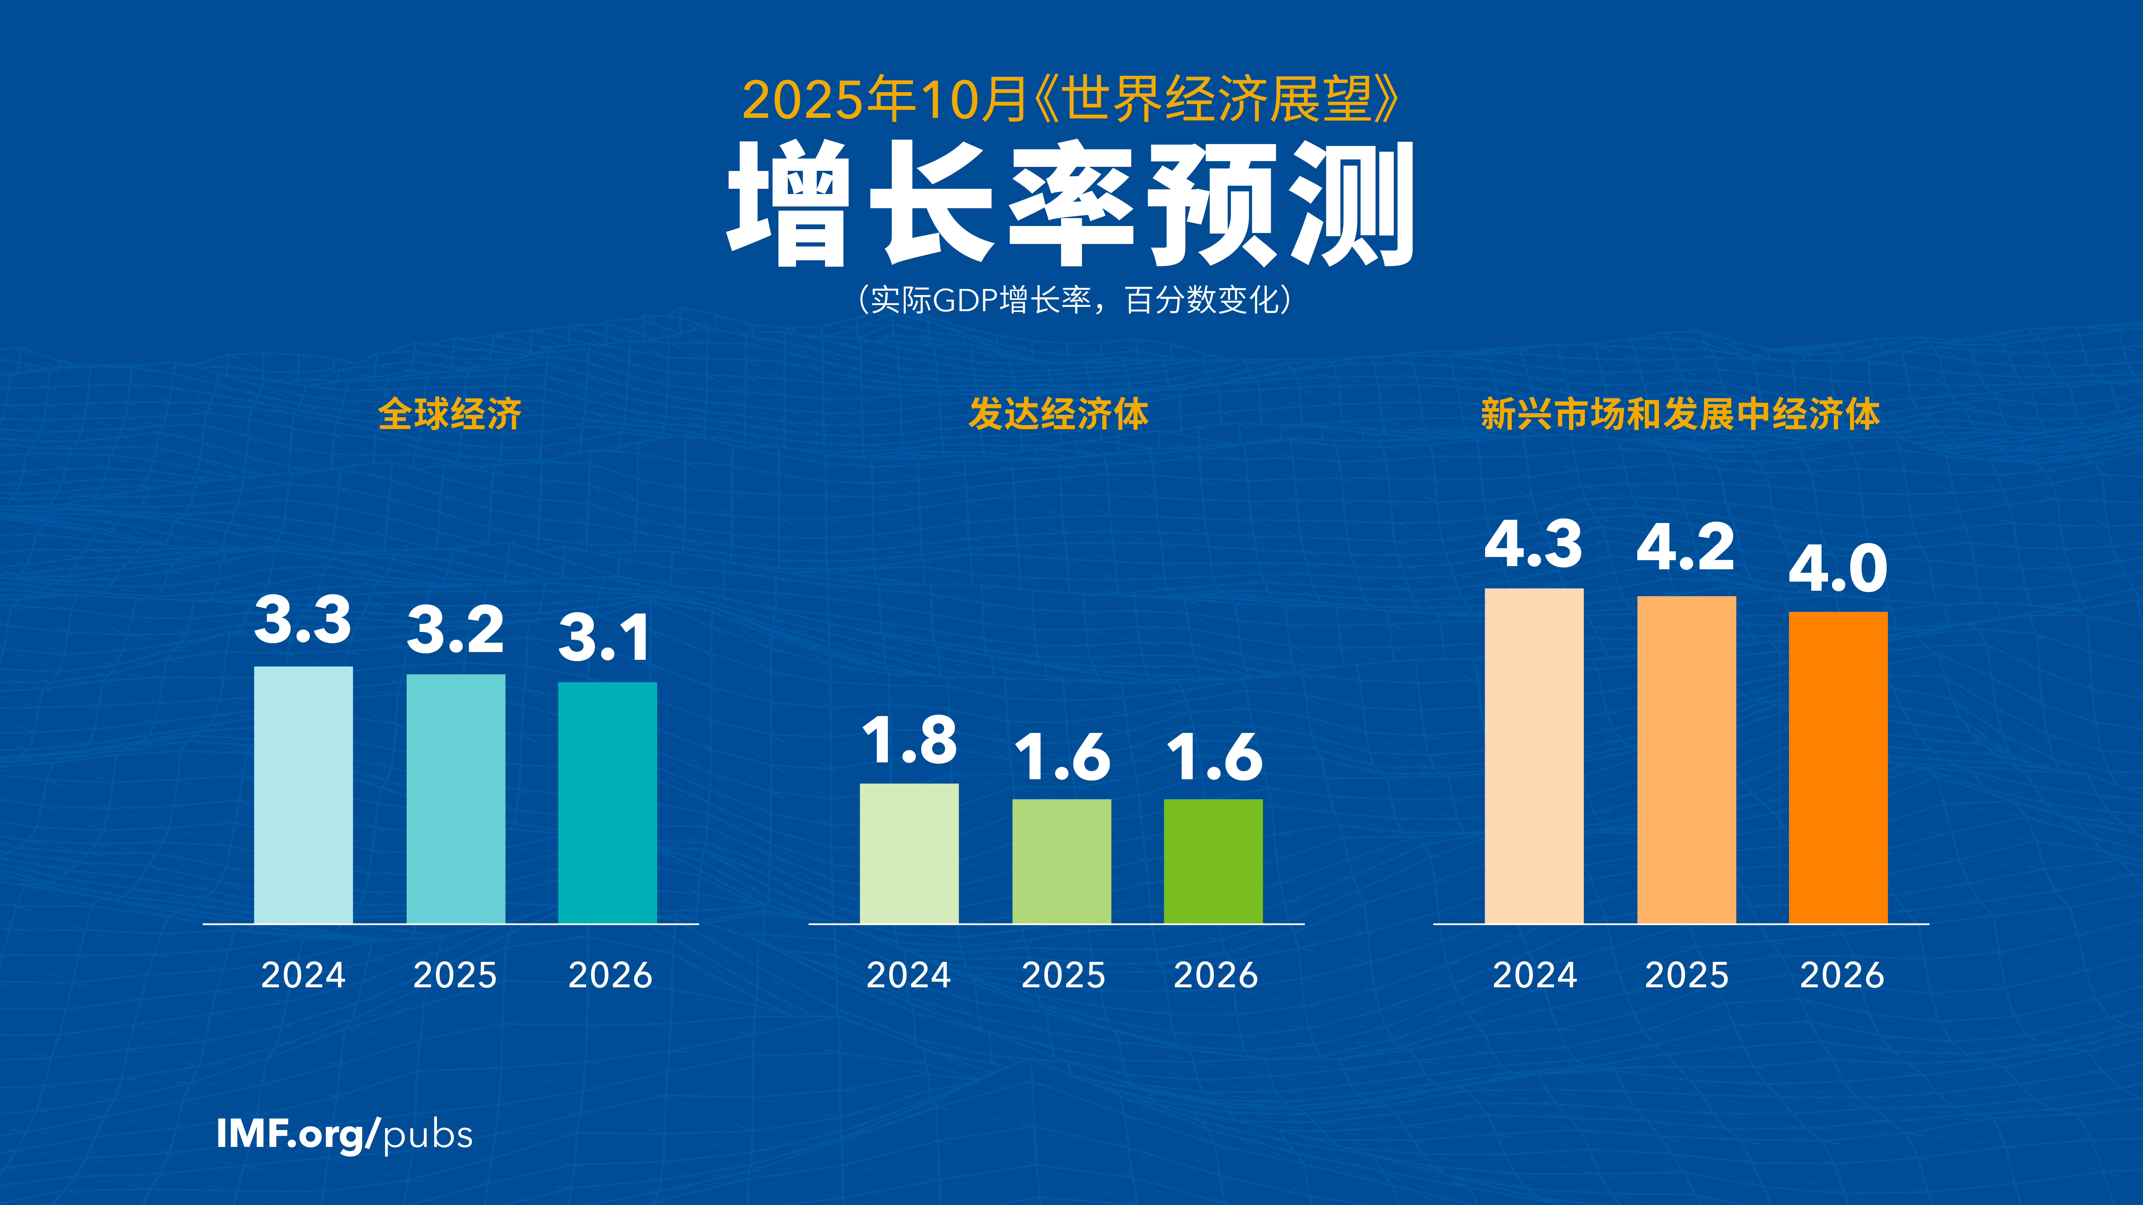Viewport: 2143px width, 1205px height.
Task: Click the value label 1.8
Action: (x=909, y=740)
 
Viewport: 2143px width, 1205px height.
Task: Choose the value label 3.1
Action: (x=605, y=638)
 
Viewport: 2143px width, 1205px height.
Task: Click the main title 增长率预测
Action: (x=1071, y=204)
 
